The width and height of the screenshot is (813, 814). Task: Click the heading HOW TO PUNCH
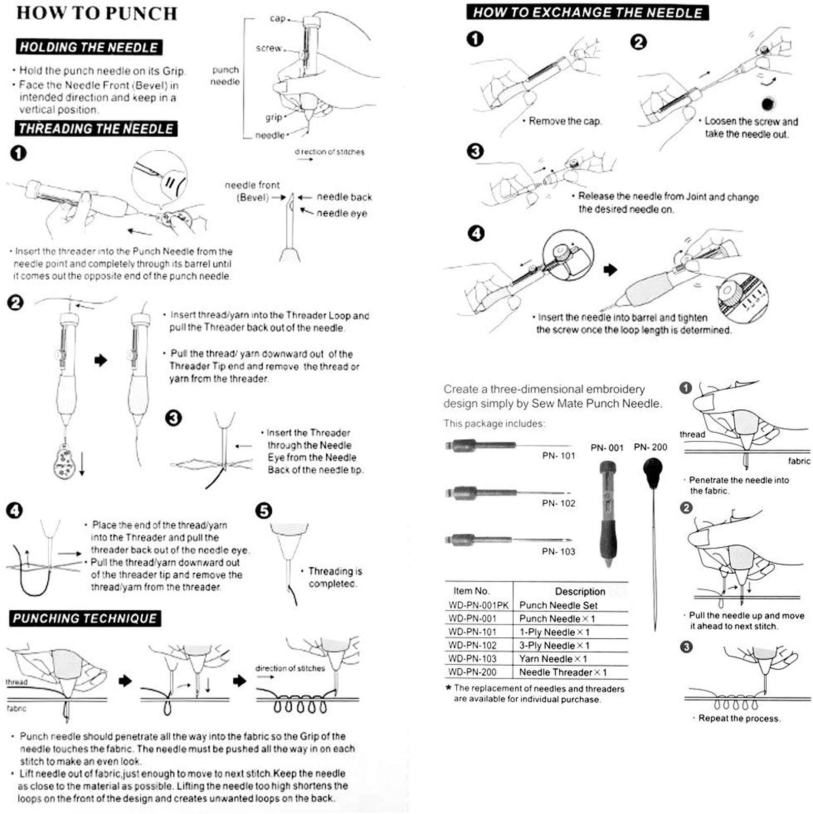pos(97,13)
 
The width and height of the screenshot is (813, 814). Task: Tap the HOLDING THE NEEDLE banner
pos(89,47)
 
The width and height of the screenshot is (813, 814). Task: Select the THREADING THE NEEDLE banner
pos(96,128)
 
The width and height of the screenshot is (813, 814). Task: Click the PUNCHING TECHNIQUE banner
pos(85,618)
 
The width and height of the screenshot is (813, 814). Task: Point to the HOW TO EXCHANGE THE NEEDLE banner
pos(587,13)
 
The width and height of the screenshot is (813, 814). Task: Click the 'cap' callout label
pos(277,18)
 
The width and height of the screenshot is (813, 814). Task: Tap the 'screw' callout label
pos(269,48)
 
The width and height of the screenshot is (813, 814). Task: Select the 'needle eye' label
pos(341,213)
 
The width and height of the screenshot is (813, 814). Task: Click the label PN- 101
pos(558,455)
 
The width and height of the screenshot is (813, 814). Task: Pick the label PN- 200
pos(650,447)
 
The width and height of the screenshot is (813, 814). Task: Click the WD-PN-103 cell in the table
pos(473,659)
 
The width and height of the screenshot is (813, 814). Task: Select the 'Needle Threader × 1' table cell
pos(562,672)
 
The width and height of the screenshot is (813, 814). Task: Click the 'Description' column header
pos(580,591)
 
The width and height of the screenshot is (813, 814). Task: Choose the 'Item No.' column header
pos(471,591)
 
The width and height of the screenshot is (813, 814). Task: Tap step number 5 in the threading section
pos(264,510)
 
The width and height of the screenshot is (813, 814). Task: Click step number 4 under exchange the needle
pos(476,234)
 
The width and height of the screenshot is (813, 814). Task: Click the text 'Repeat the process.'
pos(739,718)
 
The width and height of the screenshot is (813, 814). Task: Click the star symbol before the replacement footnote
pos(448,688)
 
